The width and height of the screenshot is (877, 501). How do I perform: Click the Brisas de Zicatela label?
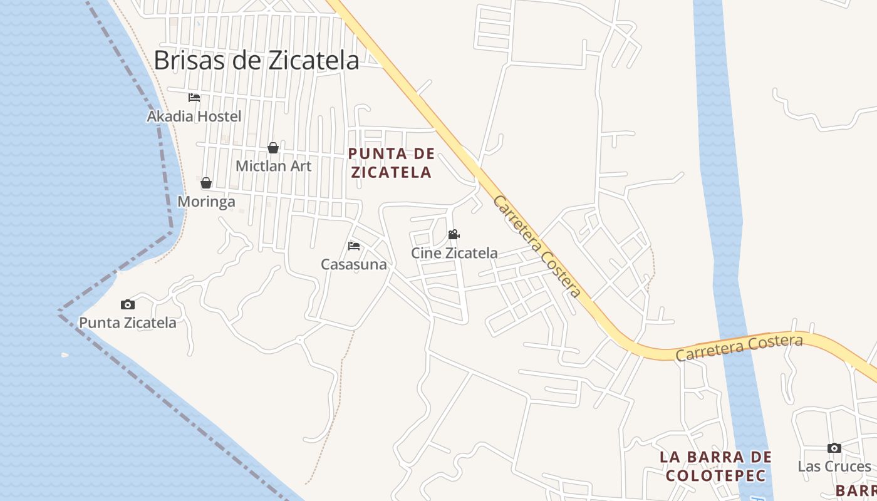[256, 61]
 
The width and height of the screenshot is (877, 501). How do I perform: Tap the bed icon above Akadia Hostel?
[194, 98]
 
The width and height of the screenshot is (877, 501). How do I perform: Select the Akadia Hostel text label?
[194, 116]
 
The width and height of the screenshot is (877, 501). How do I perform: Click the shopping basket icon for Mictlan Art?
[273, 148]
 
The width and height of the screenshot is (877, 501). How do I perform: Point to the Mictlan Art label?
[273, 166]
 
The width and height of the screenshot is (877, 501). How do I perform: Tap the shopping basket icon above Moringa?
[206, 183]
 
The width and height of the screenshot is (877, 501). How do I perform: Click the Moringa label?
[207, 201]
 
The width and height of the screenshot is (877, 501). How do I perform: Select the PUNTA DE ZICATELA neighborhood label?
[392, 163]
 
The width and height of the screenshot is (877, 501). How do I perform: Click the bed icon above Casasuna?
[354, 245]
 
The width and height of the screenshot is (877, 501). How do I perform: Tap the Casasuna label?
[354, 264]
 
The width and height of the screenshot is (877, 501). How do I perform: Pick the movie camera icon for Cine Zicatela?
[454, 235]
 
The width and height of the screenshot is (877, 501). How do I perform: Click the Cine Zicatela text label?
[454, 253]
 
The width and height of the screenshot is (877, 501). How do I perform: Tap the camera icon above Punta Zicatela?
[128, 305]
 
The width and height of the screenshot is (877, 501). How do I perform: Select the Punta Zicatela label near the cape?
[128, 323]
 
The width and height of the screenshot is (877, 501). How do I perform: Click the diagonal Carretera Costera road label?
[537, 246]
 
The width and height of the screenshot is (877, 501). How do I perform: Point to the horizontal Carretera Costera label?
[739, 348]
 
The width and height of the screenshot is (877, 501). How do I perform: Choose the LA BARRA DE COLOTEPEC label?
[715, 466]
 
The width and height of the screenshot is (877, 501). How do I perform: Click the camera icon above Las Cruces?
[834, 448]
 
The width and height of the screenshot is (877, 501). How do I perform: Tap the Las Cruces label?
[834, 467]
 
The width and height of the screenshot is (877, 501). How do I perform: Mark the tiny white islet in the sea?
[65, 355]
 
